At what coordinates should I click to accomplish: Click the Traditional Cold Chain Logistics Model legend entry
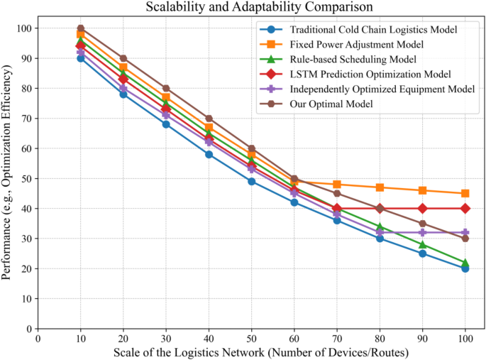point(372,30)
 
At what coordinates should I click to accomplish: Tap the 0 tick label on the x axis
point(38,339)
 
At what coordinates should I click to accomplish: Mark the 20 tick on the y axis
point(26,268)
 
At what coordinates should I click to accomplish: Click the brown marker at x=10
point(81,28)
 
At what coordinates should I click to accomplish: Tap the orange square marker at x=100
point(465,193)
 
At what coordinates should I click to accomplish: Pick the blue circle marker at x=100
point(465,268)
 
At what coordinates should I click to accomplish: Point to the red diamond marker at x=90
point(423,208)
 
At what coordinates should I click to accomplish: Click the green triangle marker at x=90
point(423,244)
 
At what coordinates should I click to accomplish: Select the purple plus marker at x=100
point(465,232)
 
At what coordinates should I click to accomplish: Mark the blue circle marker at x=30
point(166,124)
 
